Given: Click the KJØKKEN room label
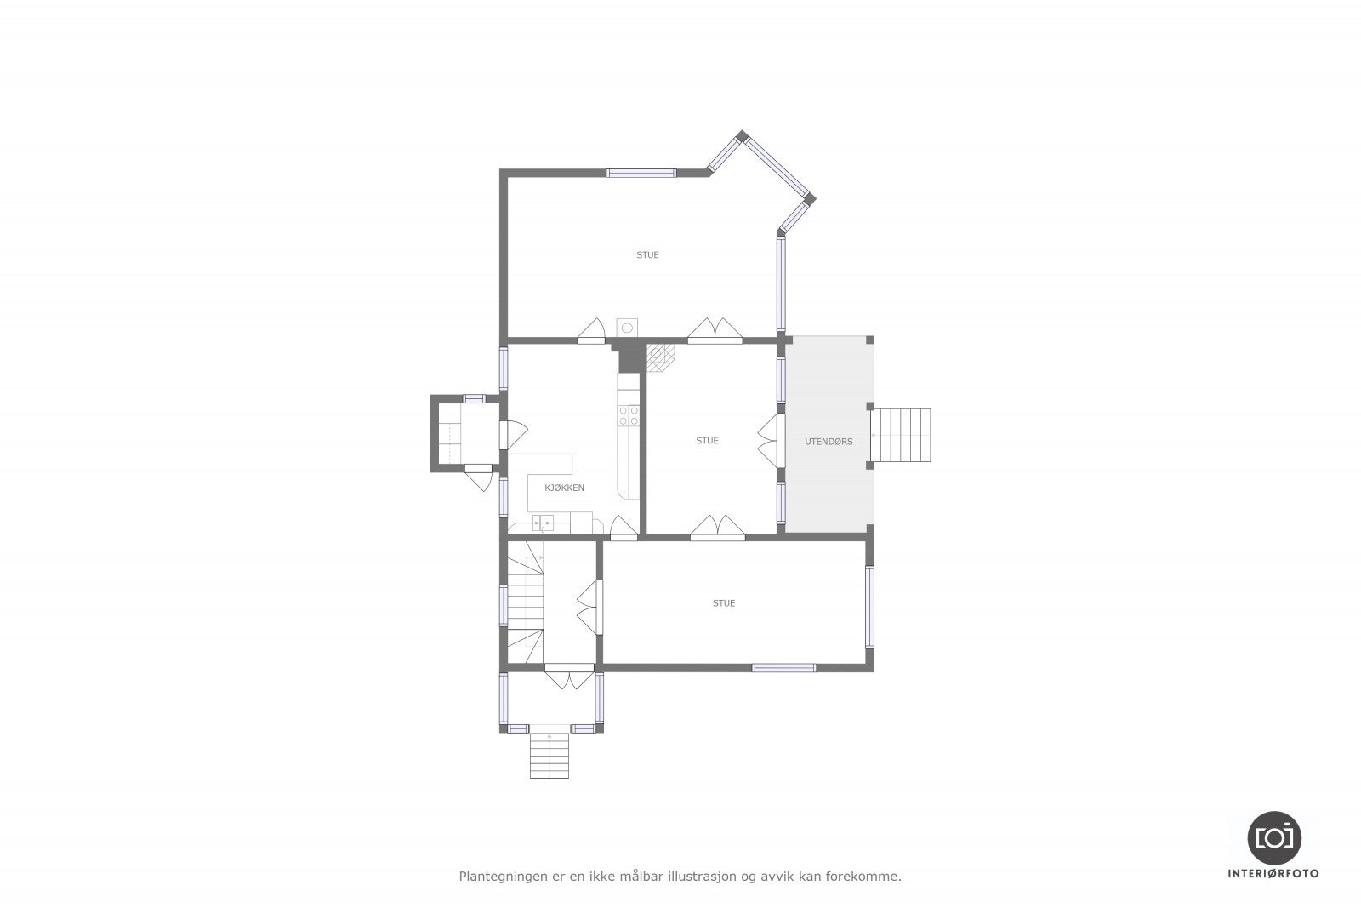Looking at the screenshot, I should [x=564, y=488].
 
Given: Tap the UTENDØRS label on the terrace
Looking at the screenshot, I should [x=829, y=442].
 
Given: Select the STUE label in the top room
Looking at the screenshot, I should [x=647, y=254].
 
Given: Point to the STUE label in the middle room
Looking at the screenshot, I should [x=707, y=440].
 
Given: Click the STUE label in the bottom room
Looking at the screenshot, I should [x=724, y=603].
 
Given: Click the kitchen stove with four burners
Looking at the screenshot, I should [x=629, y=415].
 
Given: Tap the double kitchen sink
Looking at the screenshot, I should [x=543, y=523].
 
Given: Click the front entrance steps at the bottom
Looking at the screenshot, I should [x=549, y=755].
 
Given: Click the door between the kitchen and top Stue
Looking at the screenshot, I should [x=591, y=331].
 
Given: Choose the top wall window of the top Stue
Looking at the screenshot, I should [x=641, y=173].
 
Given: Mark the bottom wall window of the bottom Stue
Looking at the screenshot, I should [x=783, y=668].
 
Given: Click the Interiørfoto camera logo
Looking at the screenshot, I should [x=1274, y=837].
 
